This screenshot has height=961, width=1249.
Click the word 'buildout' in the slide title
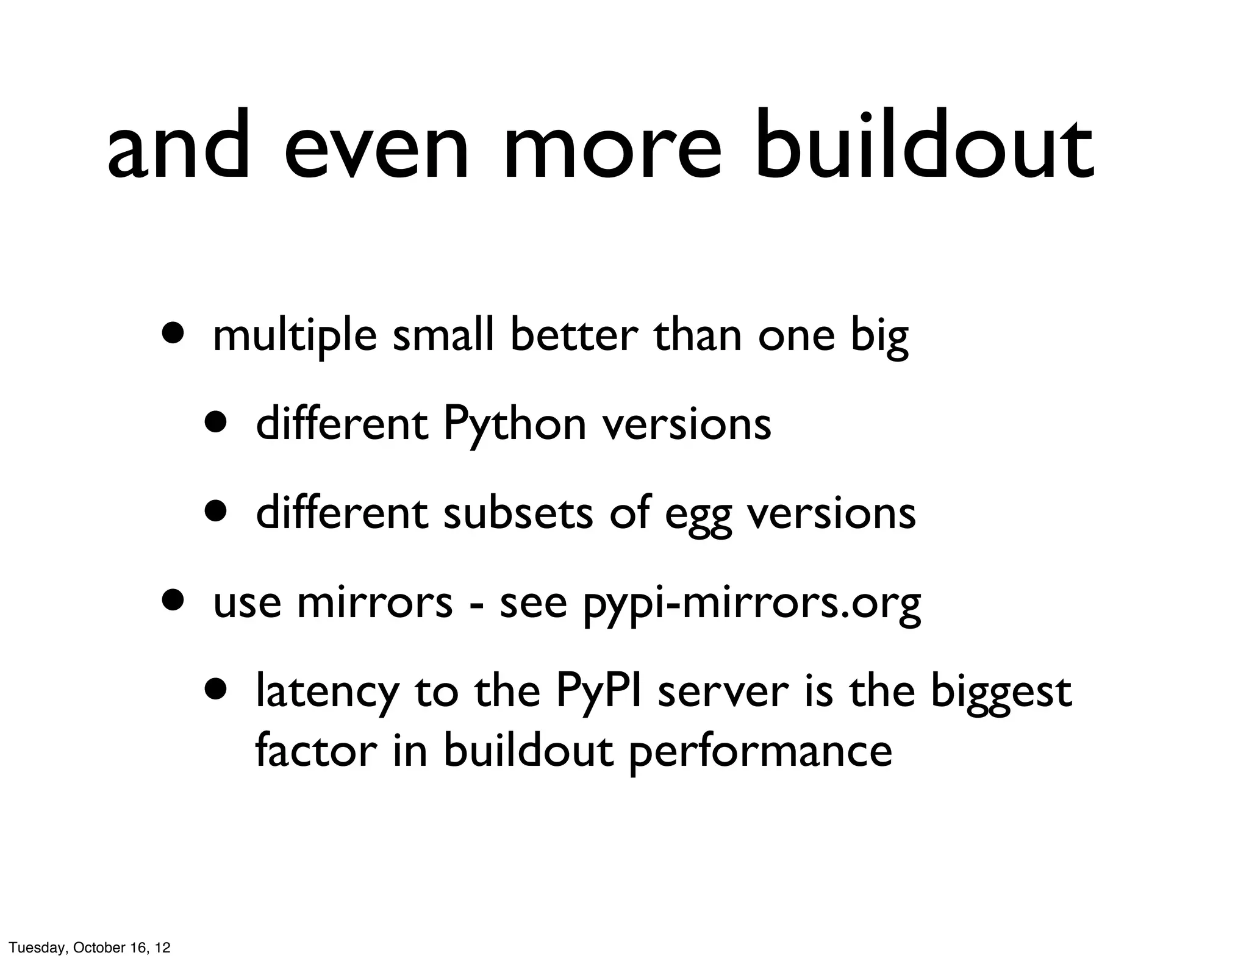[x=923, y=146]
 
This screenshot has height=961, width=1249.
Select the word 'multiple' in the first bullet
[x=295, y=337]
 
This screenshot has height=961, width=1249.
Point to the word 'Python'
[x=514, y=425]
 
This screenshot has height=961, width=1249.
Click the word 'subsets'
[x=518, y=513]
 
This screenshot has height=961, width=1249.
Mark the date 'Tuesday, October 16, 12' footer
[x=90, y=948]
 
